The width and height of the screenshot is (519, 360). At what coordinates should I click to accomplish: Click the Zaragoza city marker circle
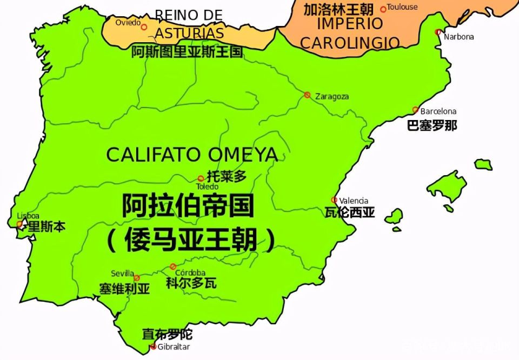[307, 95]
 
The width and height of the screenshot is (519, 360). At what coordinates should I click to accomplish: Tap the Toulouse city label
[402, 7]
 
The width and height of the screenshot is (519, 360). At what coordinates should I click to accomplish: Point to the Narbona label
[458, 37]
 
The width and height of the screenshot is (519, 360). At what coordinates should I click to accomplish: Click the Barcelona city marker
[415, 110]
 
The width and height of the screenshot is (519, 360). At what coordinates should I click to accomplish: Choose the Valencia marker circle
[334, 200]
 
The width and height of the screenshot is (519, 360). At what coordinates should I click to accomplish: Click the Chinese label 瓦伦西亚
[350, 212]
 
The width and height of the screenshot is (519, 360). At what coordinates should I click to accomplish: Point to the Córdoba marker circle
[173, 266]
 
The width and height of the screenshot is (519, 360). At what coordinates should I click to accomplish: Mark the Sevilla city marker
[136, 278]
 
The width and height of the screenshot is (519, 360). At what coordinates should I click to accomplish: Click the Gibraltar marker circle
[153, 346]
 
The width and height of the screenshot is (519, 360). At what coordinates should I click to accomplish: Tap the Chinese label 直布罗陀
[167, 335]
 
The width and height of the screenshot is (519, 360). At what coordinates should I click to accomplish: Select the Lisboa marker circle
[20, 224]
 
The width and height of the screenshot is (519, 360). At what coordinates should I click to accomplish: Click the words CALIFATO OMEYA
[192, 155]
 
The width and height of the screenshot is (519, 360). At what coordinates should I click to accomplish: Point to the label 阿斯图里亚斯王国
[187, 52]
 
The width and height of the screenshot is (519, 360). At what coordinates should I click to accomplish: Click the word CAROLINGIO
[350, 43]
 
